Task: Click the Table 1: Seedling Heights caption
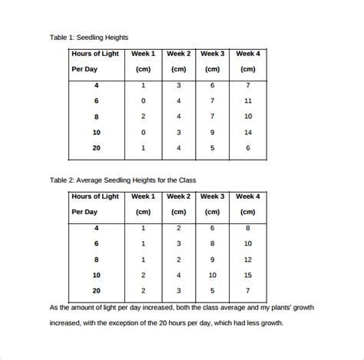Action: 88,37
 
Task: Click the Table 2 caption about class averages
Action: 123,180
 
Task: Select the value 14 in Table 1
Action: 247,132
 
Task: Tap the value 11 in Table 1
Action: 247,101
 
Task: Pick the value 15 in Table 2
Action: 247,275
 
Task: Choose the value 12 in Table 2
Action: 247,259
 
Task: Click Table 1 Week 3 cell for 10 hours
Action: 213,132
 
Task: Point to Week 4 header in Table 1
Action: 247,54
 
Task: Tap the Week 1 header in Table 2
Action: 143,197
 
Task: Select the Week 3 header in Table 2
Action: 213,197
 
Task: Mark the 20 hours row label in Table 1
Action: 97,147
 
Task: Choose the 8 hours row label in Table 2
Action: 97,259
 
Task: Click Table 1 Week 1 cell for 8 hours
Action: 143,116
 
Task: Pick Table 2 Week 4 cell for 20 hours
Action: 247,291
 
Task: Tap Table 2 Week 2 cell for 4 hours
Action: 178,228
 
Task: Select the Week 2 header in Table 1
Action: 178,54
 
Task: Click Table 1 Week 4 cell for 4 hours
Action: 247,84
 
